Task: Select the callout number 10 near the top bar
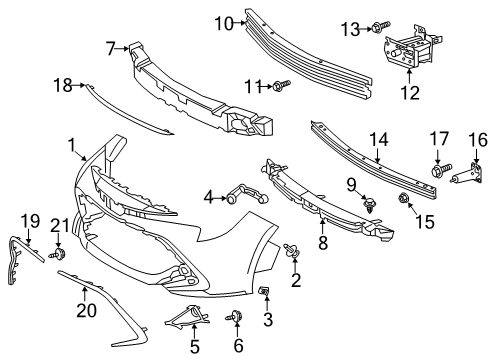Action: pos(223,21)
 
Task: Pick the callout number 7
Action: pos(112,45)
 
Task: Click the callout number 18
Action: pos(63,86)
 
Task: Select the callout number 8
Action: pos(322,243)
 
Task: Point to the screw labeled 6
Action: pos(237,319)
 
